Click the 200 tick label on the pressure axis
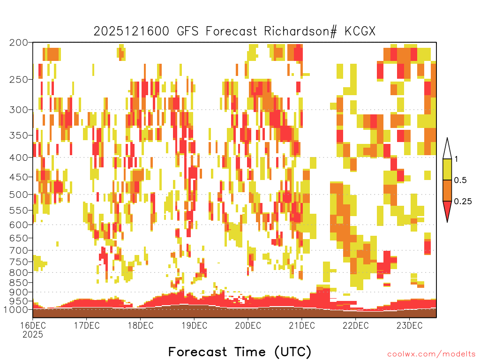19,43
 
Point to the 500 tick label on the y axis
19,195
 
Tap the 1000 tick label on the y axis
16,310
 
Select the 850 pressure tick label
19,283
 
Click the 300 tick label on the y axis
19,110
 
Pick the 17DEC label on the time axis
87,325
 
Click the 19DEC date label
195,325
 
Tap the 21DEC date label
302,325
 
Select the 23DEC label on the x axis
410,325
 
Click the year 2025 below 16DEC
33,335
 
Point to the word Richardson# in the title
300,31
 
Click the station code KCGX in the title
360,31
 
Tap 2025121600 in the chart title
131,31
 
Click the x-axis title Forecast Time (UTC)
240,352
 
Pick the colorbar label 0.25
463,202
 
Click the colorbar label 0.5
460,180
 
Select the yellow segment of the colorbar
447,169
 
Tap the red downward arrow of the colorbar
447,210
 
